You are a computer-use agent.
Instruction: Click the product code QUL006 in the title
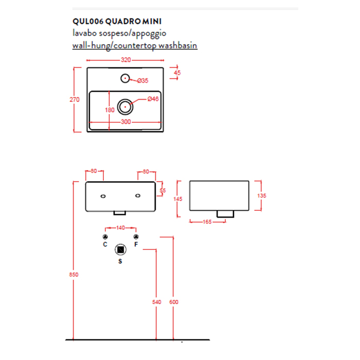click(88, 22)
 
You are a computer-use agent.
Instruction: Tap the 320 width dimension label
click(126, 60)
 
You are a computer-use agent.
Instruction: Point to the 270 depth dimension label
click(75, 99)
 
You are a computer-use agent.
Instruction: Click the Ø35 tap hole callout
click(143, 81)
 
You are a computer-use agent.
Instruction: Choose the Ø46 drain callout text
click(153, 99)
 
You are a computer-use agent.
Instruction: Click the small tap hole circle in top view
click(125, 79)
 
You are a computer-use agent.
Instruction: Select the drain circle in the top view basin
click(125, 107)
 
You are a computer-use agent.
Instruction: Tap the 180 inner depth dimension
click(110, 110)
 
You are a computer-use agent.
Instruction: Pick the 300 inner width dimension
click(126, 122)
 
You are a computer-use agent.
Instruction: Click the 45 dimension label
click(177, 73)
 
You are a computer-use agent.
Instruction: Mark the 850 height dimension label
click(74, 274)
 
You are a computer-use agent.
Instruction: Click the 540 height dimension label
click(156, 302)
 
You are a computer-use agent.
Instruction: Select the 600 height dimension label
click(174, 302)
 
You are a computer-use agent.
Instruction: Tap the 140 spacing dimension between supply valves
click(120, 228)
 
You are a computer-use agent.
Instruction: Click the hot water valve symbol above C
click(105, 237)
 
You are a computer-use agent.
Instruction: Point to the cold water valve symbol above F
click(136, 237)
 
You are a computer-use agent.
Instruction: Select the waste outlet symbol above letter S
click(120, 249)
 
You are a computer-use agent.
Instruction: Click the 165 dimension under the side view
click(207, 222)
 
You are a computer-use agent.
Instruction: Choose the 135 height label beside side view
click(262, 195)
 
